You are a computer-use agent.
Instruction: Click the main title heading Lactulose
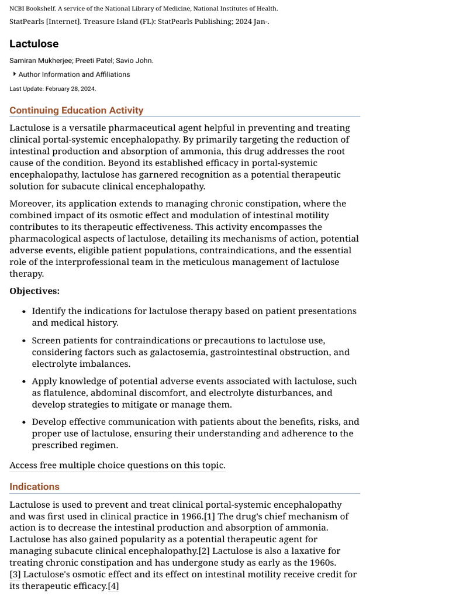tap(34, 44)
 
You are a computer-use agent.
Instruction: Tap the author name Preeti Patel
tap(93, 61)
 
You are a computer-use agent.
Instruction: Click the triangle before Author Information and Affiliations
tap(14, 74)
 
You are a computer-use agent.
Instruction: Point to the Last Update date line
tap(53, 89)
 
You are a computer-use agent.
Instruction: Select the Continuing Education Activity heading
tap(76, 111)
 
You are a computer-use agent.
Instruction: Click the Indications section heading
tap(34, 487)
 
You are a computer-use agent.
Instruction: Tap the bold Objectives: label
tap(34, 291)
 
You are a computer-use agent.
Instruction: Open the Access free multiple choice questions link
tap(117, 466)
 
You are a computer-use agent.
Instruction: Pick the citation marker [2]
tap(204, 551)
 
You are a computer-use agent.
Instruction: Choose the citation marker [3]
tap(15, 574)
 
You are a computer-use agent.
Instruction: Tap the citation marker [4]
tap(113, 586)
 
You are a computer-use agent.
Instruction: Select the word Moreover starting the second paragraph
tap(30, 204)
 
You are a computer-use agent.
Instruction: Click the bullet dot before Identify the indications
tap(23, 312)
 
